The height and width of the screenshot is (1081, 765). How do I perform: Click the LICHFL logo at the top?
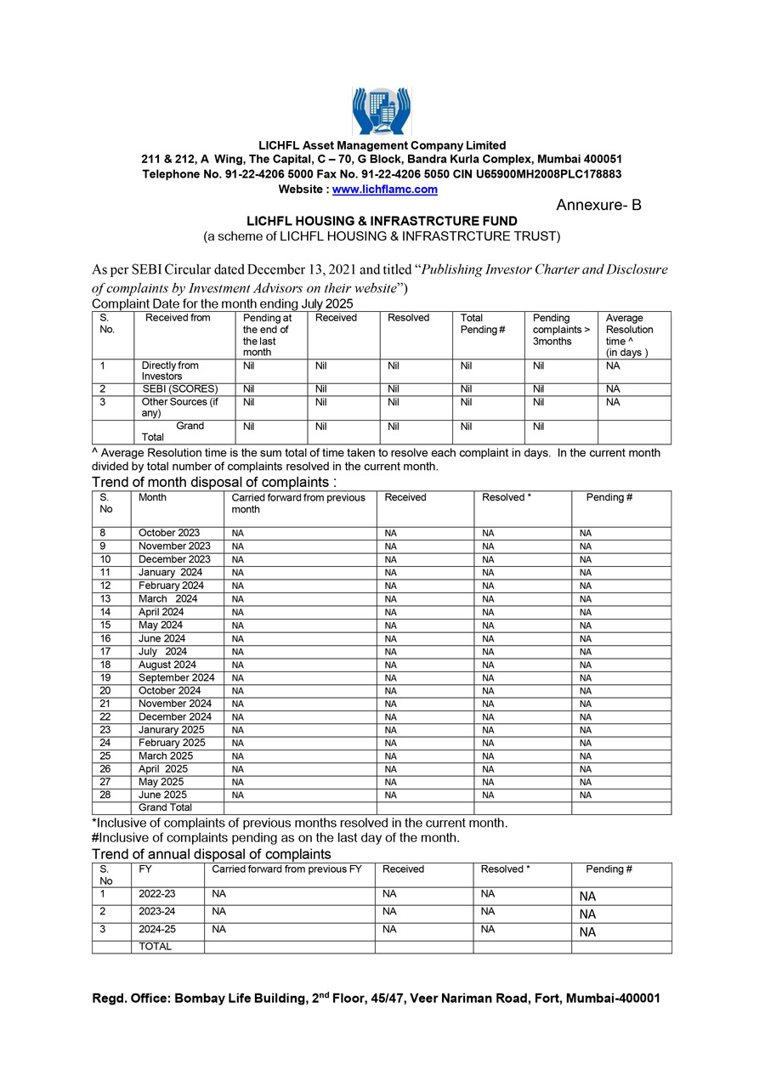382,110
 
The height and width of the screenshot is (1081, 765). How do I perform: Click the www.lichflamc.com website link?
384,190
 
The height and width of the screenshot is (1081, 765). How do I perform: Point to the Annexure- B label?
599,206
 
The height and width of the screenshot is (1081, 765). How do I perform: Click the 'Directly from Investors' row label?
170,371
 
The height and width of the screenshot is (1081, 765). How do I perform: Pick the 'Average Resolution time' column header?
630,335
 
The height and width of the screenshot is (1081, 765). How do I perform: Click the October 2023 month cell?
169,533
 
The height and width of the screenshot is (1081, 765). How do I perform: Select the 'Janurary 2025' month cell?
171,730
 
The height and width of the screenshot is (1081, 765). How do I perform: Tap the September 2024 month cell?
177,677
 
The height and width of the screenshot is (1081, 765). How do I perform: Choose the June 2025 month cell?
162,795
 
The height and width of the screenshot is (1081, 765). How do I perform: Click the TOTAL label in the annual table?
155,947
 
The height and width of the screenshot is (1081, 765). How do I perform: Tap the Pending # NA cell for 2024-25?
587,931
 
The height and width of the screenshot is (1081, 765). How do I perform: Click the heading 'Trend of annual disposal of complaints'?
212,854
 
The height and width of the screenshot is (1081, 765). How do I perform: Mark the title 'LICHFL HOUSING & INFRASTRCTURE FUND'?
382,221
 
